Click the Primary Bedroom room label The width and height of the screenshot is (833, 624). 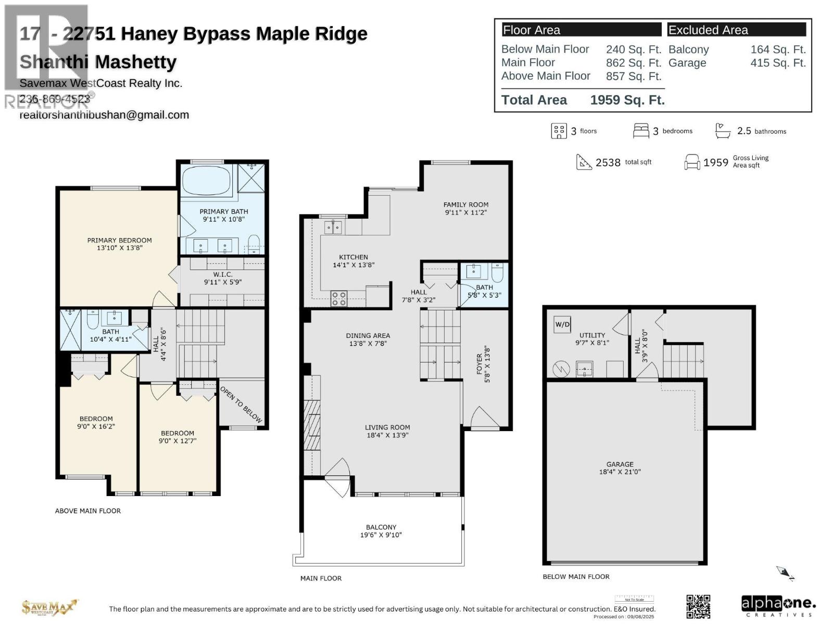(119, 244)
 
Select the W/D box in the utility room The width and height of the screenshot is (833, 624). (562, 324)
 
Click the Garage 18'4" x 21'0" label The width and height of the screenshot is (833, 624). (620, 468)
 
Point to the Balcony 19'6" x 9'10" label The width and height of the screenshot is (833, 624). (381, 531)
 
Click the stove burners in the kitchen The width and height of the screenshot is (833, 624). (339, 298)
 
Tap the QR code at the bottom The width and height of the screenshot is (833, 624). (698, 606)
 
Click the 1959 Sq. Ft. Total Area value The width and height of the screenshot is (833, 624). (627, 100)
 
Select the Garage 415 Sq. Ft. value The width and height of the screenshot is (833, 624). (778, 63)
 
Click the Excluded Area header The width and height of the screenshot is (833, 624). (708, 30)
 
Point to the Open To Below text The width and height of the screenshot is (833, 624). (241, 404)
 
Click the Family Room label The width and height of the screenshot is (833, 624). (466, 208)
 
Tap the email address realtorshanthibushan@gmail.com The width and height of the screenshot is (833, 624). (104, 115)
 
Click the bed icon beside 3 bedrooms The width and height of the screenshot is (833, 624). (641, 131)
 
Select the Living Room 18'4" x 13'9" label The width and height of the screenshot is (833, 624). (387, 431)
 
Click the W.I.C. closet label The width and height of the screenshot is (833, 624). (222, 278)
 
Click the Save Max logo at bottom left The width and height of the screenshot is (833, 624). (49, 607)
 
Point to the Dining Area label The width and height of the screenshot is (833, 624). (368, 339)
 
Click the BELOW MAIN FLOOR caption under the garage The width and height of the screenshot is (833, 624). (576, 576)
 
